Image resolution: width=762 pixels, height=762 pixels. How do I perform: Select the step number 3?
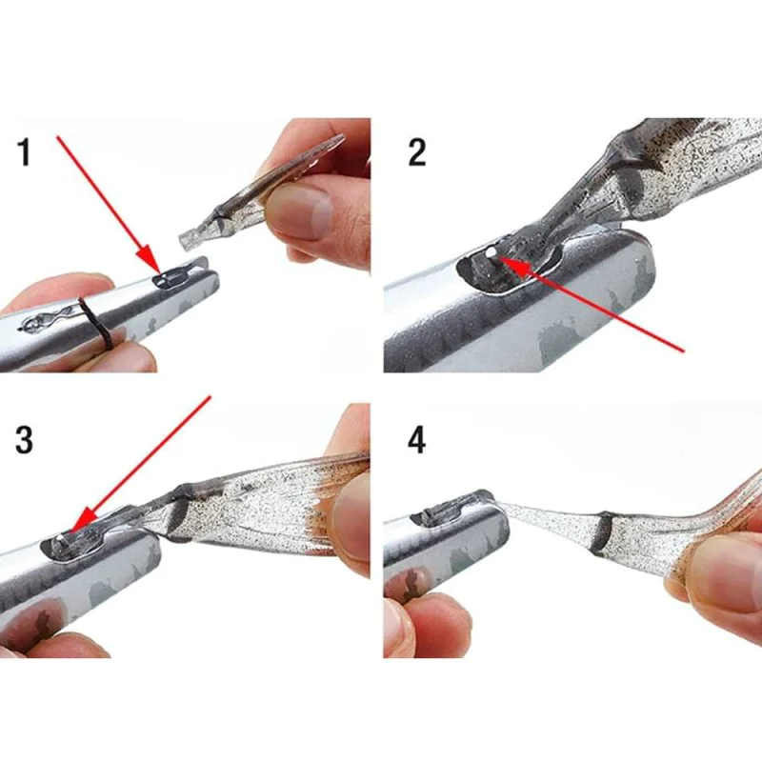27,439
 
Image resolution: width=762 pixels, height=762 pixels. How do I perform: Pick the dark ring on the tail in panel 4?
601,534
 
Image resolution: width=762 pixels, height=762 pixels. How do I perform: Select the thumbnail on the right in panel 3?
352,519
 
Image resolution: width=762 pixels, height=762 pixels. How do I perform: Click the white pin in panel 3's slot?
60,540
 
